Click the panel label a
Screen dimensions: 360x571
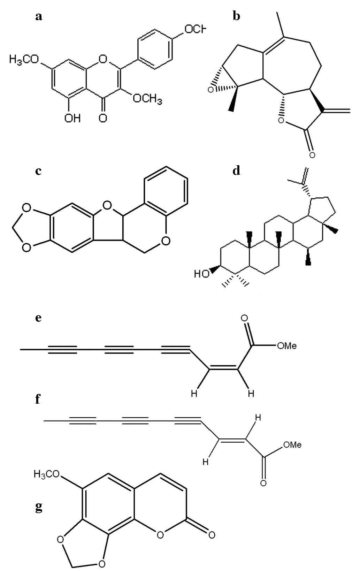(39, 17)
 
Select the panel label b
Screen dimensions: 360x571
(237, 17)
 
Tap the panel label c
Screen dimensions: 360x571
(39, 172)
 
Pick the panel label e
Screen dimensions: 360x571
(39, 318)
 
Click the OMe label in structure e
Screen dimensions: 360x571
(286, 346)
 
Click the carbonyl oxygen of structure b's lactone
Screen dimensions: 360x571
(312, 154)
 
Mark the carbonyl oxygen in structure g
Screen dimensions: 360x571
(211, 534)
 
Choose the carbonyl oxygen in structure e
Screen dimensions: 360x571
(245, 318)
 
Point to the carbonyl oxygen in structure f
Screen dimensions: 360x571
(263, 484)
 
